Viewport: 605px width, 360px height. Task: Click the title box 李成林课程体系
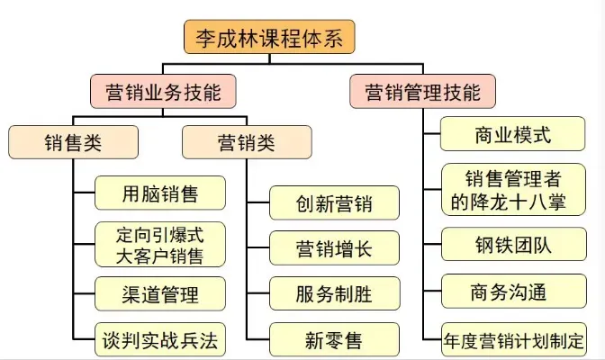pos(269,38)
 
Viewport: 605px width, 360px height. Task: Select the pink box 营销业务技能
pos(161,91)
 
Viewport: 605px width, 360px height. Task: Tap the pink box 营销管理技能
pos(415,91)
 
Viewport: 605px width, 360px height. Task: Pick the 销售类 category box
pos(73,141)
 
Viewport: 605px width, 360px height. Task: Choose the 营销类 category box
pos(247,141)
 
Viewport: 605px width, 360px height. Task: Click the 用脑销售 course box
pos(160,193)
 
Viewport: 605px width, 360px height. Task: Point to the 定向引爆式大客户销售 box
pos(160,245)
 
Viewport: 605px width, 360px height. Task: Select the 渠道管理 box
pos(160,293)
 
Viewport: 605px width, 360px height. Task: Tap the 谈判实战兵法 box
pos(160,341)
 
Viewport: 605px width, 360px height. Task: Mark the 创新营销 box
pos(335,202)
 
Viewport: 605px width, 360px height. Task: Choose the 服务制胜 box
pos(335,293)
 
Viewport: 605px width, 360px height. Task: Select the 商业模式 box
pos(511,136)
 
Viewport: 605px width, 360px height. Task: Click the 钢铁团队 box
pos(511,244)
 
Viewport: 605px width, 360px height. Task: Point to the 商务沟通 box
pos(511,292)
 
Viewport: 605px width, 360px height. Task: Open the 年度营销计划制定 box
pos(511,341)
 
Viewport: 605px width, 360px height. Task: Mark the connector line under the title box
pos(269,59)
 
